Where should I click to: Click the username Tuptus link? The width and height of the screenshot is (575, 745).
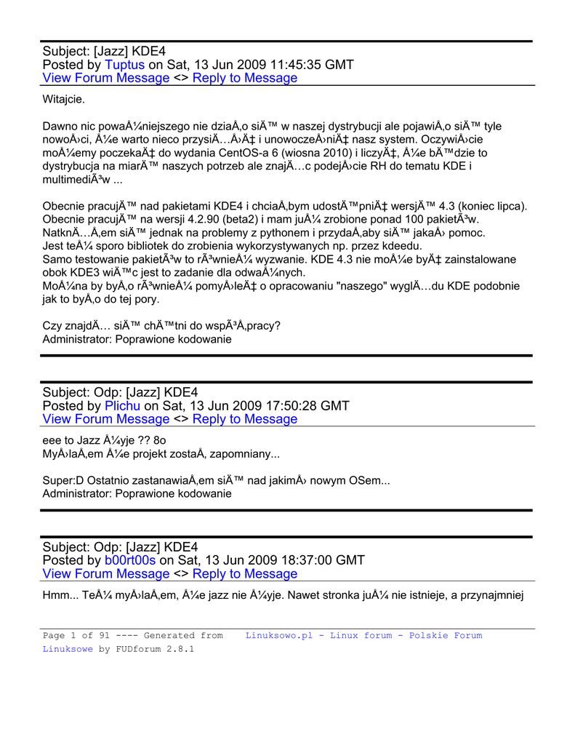[124, 65]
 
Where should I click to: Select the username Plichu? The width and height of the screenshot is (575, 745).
[122, 406]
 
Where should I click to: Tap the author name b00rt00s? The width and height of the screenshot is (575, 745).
[130, 560]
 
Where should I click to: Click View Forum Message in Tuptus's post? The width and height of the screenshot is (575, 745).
[106, 79]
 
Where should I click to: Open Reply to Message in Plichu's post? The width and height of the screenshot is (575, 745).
[245, 420]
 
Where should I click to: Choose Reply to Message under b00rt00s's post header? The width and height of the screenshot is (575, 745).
[245, 574]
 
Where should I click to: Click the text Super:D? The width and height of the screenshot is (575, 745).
[65, 481]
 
